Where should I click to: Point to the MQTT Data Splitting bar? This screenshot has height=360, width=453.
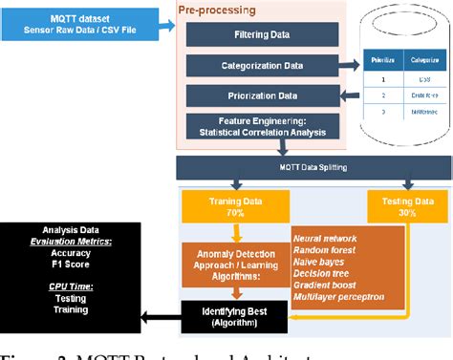(313, 166)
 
